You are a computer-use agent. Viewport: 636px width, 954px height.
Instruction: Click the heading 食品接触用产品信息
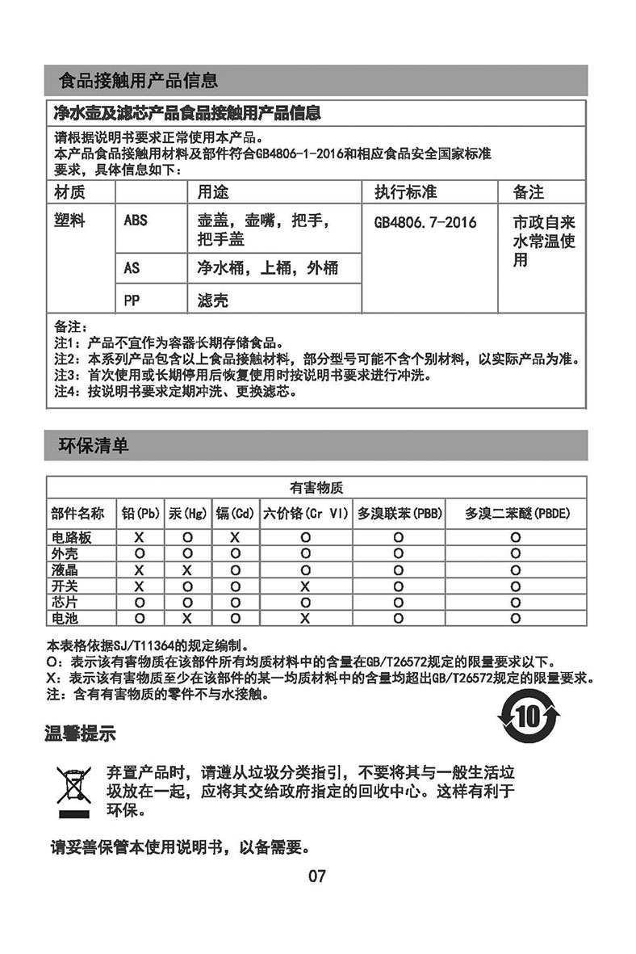[138, 81]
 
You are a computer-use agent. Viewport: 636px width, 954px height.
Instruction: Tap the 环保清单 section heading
[94, 445]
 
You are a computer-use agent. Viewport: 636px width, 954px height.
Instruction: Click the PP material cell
[132, 300]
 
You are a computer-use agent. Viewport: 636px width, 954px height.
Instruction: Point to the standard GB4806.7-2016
[425, 222]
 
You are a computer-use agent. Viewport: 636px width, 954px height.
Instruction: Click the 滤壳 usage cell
[212, 300]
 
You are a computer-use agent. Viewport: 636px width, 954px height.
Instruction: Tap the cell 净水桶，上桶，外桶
[268, 268]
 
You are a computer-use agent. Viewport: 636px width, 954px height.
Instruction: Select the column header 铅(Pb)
[140, 514]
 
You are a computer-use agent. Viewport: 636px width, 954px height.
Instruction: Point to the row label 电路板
[70, 537]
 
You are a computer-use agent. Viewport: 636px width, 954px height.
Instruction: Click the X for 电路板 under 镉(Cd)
[234, 537]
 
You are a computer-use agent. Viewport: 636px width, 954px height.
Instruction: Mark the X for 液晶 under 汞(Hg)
[186, 569]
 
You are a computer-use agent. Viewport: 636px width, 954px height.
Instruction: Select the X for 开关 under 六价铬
[305, 586]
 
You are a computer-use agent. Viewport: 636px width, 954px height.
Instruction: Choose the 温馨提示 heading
[80, 733]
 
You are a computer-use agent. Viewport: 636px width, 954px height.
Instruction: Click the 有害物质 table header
[316, 488]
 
